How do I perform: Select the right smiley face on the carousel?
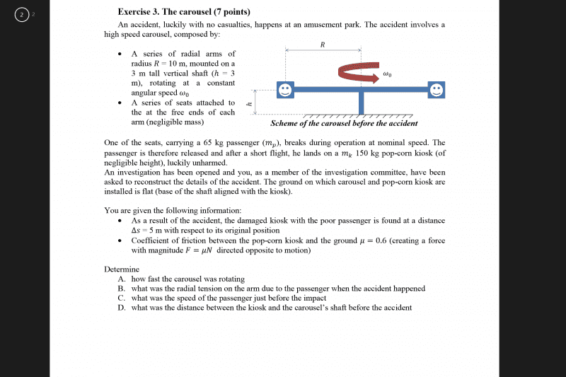[x=437, y=90]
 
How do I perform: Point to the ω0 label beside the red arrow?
[x=386, y=73]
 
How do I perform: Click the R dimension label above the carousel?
[x=323, y=45]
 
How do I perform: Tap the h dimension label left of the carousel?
[x=248, y=103]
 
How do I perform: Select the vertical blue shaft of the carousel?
[x=361, y=103]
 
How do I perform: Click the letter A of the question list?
[x=122, y=279]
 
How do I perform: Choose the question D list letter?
[x=122, y=307]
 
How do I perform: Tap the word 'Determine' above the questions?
[x=121, y=269]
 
